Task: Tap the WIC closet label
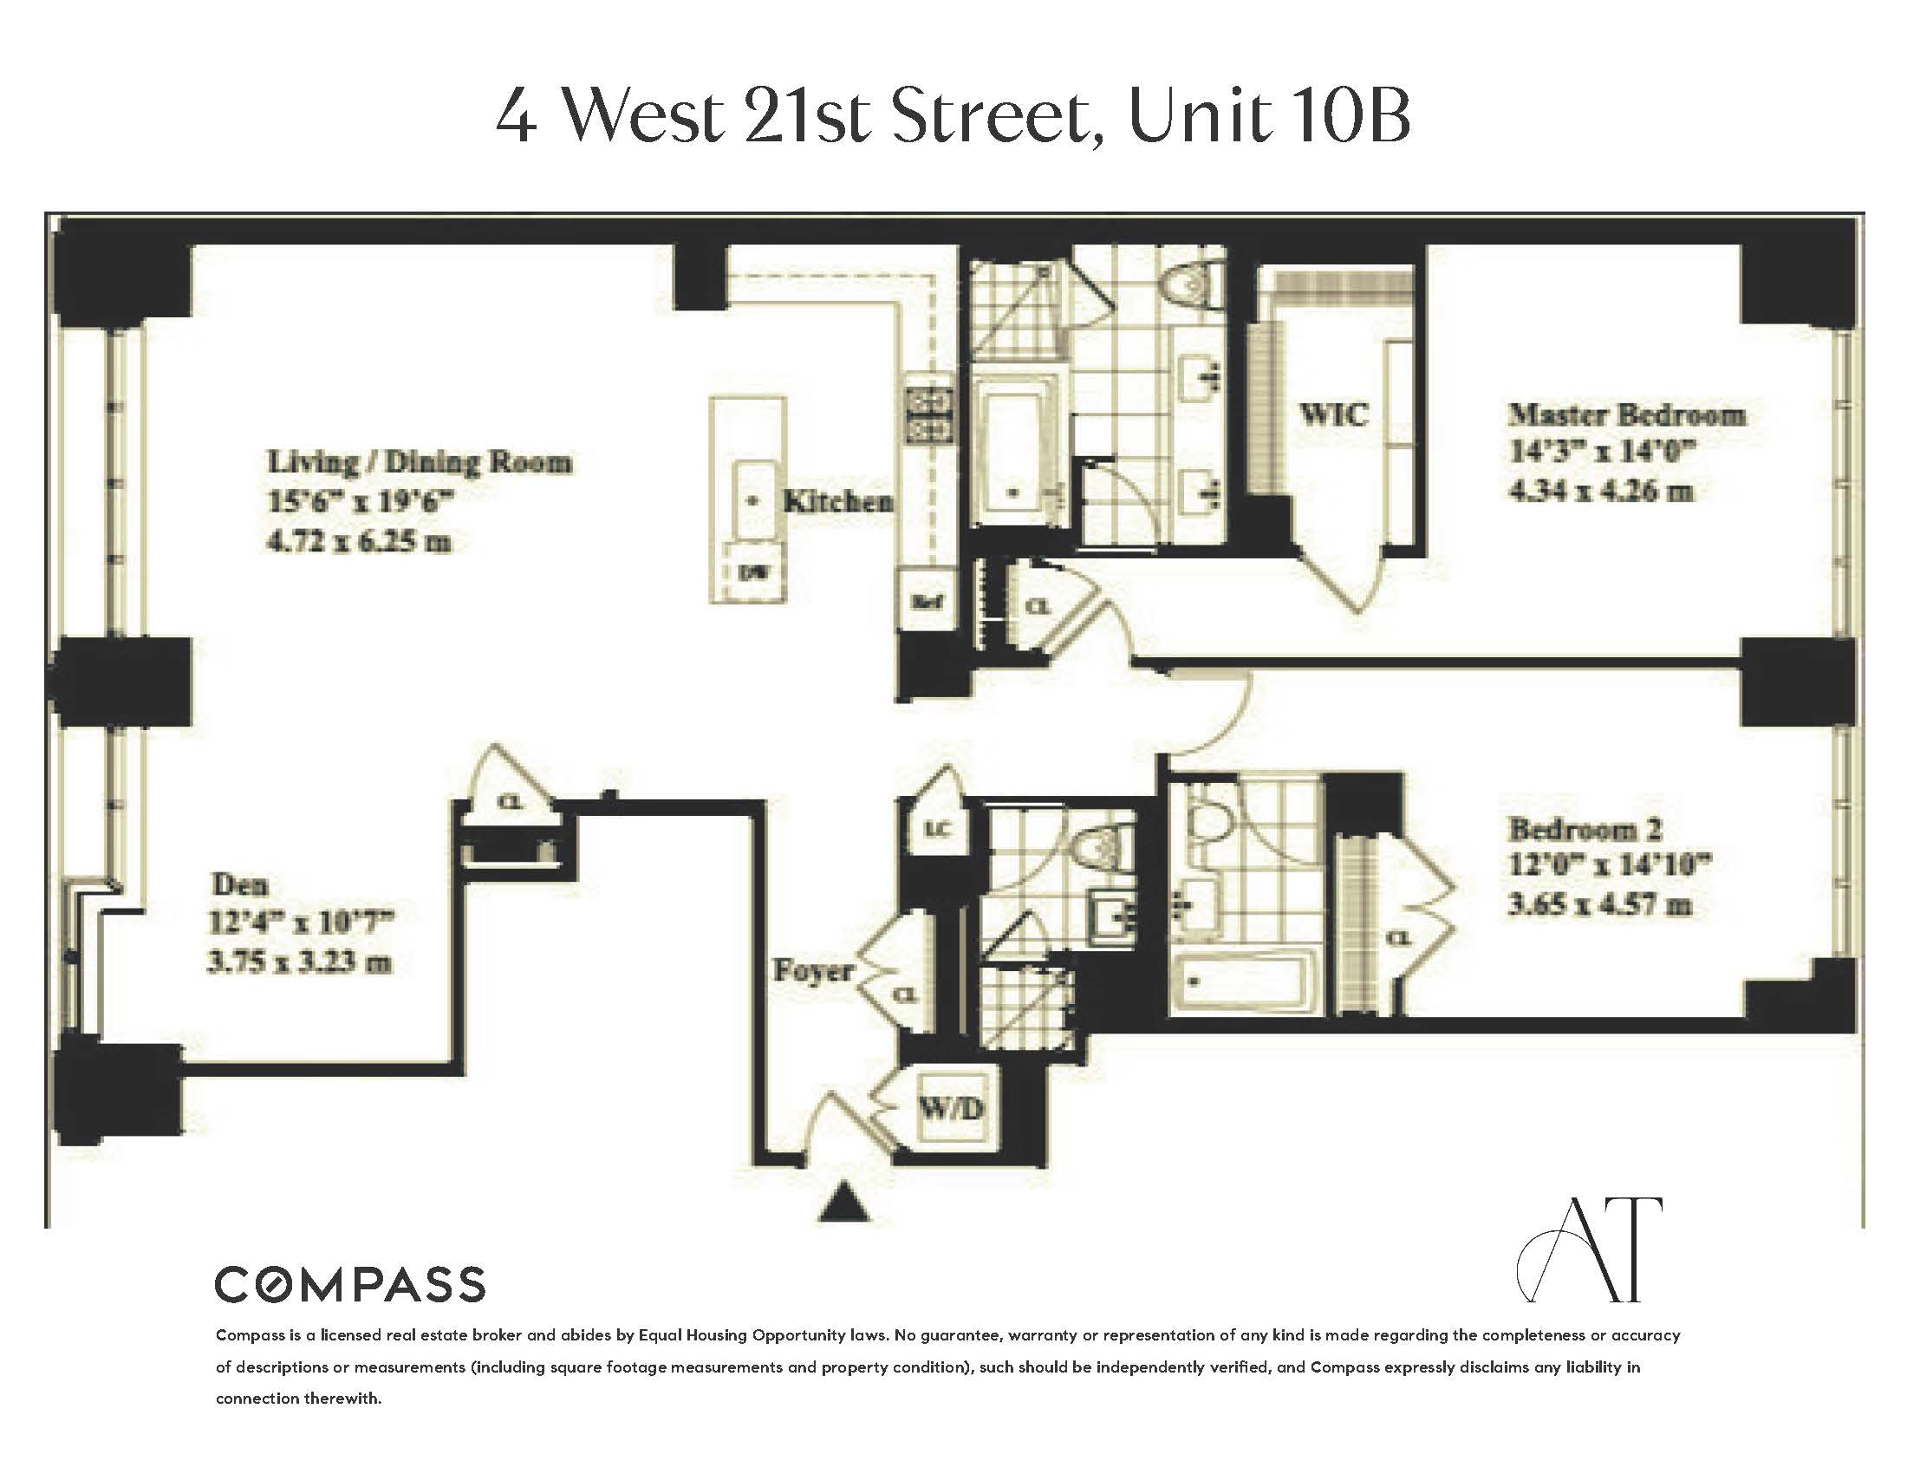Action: pyautogui.click(x=1333, y=413)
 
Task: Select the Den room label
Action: pyautogui.click(x=239, y=884)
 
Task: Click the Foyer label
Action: pyautogui.click(x=813, y=970)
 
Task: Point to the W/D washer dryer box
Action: pyautogui.click(x=951, y=1109)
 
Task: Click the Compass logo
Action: pyautogui.click(x=349, y=1284)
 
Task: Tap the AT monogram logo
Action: pyautogui.click(x=1589, y=1250)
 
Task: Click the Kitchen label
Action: pyautogui.click(x=838, y=501)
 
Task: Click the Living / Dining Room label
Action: pyautogui.click(x=420, y=461)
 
